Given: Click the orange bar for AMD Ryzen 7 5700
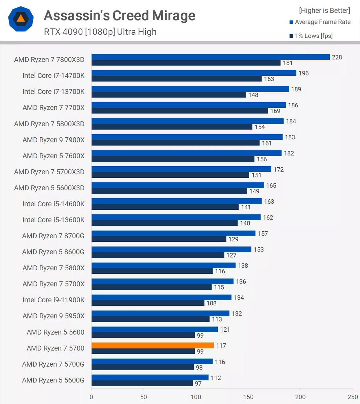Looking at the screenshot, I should tap(152, 345).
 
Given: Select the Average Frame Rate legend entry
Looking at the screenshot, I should tap(320, 22).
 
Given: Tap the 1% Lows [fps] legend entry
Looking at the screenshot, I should tap(311, 36).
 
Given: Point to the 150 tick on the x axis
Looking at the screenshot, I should tap(248, 397).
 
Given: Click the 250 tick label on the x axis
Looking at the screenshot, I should tap(353, 397).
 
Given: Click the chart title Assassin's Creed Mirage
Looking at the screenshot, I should tap(119, 15).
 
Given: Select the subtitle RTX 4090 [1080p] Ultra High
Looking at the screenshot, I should tap(100, 32).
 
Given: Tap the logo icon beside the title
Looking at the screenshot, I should tap(21, 19).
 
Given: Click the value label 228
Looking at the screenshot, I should tap(337, 57).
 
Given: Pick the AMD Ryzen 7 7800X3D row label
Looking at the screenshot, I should tap(49, 60).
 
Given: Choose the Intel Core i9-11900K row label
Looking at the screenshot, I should tap(53, 300).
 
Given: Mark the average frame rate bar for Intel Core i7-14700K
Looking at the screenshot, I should tap(194, 73).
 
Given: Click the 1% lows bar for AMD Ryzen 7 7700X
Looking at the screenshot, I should tap(180, 111).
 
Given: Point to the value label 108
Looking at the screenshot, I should tap(212, 303).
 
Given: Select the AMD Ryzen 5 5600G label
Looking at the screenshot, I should tap(53, 380).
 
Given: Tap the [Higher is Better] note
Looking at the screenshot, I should tap(324, 10).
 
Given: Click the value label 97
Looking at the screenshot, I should tap(198, 383).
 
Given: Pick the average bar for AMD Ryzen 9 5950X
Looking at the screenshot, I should tap(160, 313).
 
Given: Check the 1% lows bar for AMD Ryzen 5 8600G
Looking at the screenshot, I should tap(158, 255).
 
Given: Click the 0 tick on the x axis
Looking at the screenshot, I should tap(91, 397).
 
